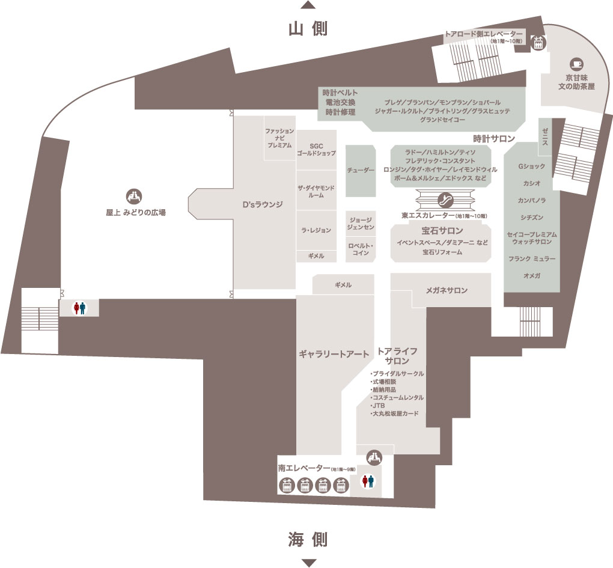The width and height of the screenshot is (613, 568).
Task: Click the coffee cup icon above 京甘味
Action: pyautogui.click(x=577, y=64)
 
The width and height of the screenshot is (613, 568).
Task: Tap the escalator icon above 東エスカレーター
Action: pyautogui.click(x=445, y=200)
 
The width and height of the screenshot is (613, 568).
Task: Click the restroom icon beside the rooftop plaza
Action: pyautogui.click(x=80, y=308)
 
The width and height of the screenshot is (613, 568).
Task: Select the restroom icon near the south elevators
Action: pyautogui.click(x=367, y=481)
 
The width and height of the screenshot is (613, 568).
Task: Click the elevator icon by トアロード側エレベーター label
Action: pyautogui.click(x=538, y=43)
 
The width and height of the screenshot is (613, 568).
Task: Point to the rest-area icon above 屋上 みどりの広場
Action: pyautogui.click(x=133, y=196)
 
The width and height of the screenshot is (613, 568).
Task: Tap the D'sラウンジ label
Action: pyautogui.click(x=262, y=204)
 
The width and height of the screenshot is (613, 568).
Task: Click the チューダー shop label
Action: pyautogui.click(x=361, y=171)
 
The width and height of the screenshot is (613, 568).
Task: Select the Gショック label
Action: pyautogui.click(x=532, y=166)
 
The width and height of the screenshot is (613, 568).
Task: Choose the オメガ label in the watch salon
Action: pyautogui.click(x=532, y=276)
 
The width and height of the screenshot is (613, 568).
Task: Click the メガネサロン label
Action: pyautogui.click(x=447, y=290)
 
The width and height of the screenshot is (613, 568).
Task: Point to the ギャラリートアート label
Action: pyautogui.click(x=334, y=354)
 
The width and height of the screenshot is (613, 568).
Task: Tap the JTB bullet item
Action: pyautogui.click(x=377, y=405)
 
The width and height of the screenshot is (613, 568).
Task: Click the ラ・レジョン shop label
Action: pyautogui.click(x=316, y=230)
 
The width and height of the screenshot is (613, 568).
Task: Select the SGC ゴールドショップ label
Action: pyautogui.click(x=316, y=150)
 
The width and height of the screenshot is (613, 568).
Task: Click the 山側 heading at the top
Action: pyautogui.click(x=308, y=29)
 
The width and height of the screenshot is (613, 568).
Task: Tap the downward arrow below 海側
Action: pyautogui.click(x=308, y=563)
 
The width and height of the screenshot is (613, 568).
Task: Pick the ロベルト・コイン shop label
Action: pyautogui.click(x=361, y=249)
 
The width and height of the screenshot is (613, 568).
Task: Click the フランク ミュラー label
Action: pyautogui.click(x=532, y=259)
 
